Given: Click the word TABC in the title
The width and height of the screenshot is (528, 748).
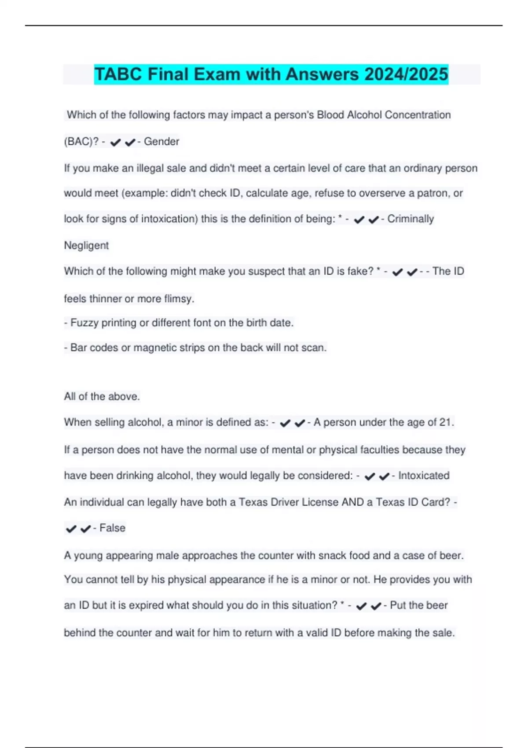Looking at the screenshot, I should pos(118,74).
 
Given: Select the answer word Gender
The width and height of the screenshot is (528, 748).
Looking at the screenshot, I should pos(161,142).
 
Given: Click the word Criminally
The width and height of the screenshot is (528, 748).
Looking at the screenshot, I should pos(411,219).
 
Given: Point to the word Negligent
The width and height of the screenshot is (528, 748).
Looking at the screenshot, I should pos(86,246).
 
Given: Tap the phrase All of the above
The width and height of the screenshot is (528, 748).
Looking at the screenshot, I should pos(102,396).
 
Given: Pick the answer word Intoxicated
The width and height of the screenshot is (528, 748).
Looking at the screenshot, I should pos(423,476).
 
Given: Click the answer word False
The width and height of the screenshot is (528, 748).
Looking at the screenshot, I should pos(112,528).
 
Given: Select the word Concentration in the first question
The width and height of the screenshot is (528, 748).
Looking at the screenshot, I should pos(418,115).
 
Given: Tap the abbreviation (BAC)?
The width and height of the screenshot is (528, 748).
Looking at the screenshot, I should pos(81,142).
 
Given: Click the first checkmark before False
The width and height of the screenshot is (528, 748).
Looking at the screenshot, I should pos(71,528).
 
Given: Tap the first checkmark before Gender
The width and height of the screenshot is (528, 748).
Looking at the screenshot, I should pos(115,142).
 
